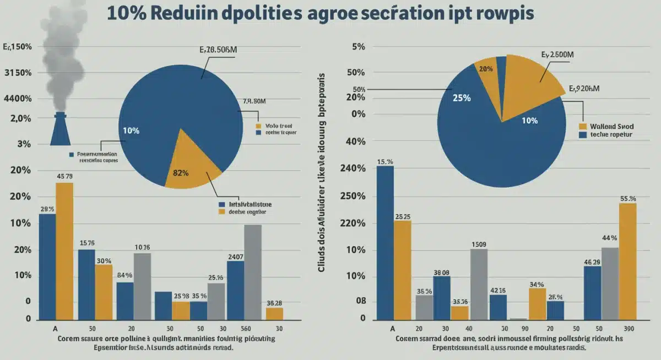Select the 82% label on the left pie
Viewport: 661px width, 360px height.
181,172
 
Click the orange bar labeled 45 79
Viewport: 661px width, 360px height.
64,251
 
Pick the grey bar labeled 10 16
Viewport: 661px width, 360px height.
142,286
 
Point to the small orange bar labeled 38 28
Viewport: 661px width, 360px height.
274,314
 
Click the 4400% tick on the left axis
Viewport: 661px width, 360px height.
18,99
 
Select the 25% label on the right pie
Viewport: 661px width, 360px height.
461,98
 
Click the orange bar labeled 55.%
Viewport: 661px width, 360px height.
627,261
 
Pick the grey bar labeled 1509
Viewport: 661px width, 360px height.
479,284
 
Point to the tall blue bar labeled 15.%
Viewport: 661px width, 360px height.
385,242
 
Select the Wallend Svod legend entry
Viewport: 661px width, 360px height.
610,125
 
